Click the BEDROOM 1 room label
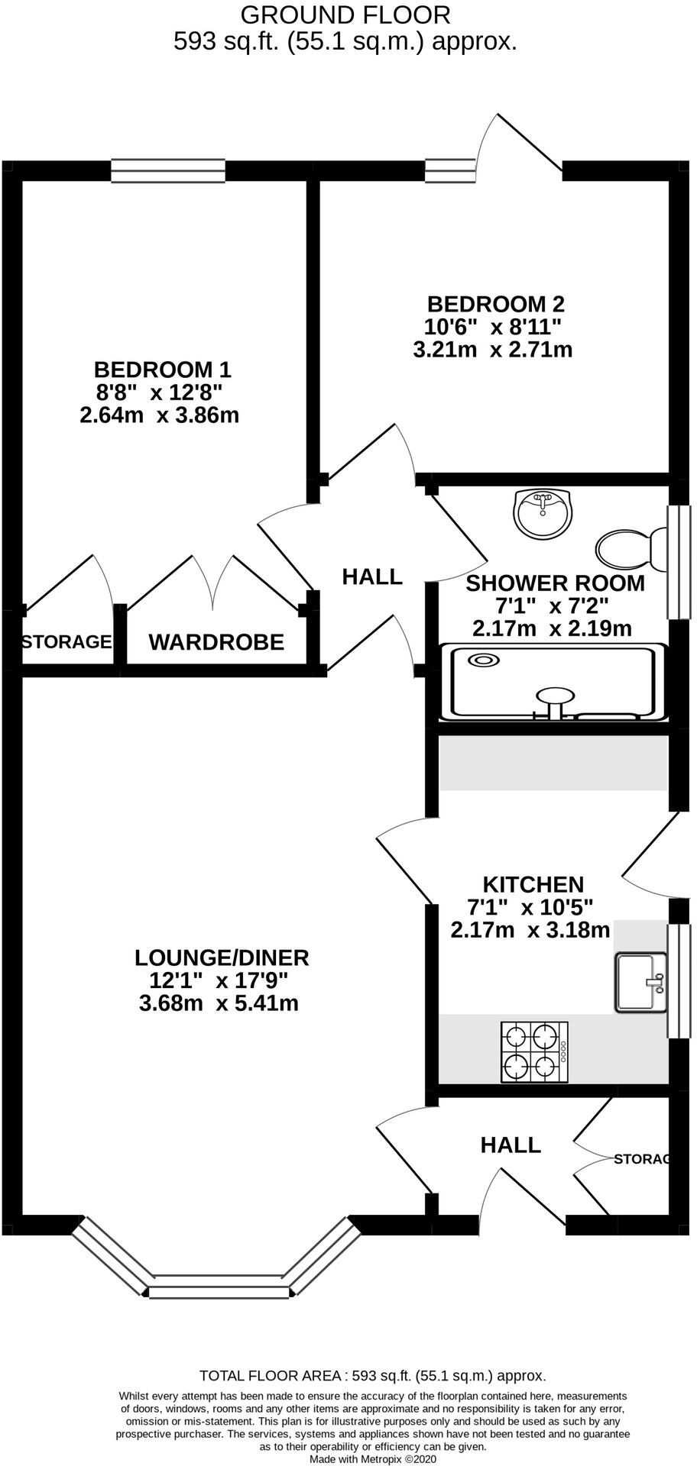[162, 370]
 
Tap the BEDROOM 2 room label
[495, 304]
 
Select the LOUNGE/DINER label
[222, 957]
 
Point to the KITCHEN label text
[533, 884]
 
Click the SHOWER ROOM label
[555, 583]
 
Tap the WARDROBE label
[216, 642]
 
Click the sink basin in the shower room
[542, 514]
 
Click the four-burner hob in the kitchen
[533, 1051]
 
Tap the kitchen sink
[640, 983]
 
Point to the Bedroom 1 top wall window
[168, 170]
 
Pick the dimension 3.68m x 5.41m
[219, 1003]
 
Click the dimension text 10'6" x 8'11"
[494, 327]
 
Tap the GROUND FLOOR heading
[345, 14]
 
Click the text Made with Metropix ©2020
[372, 1458]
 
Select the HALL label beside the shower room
[372, 576]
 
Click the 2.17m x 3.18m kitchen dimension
[530, 930]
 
